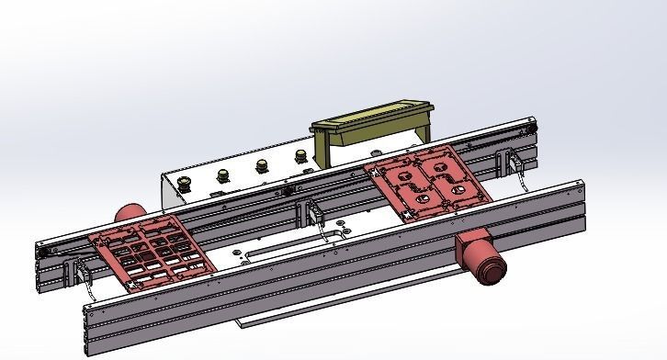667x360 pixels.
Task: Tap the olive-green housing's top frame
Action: (372, 117)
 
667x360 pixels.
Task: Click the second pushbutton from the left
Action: (223, 174)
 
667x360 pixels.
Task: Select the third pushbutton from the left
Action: (263, 165)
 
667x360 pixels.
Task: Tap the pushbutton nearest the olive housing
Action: (300, 157)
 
